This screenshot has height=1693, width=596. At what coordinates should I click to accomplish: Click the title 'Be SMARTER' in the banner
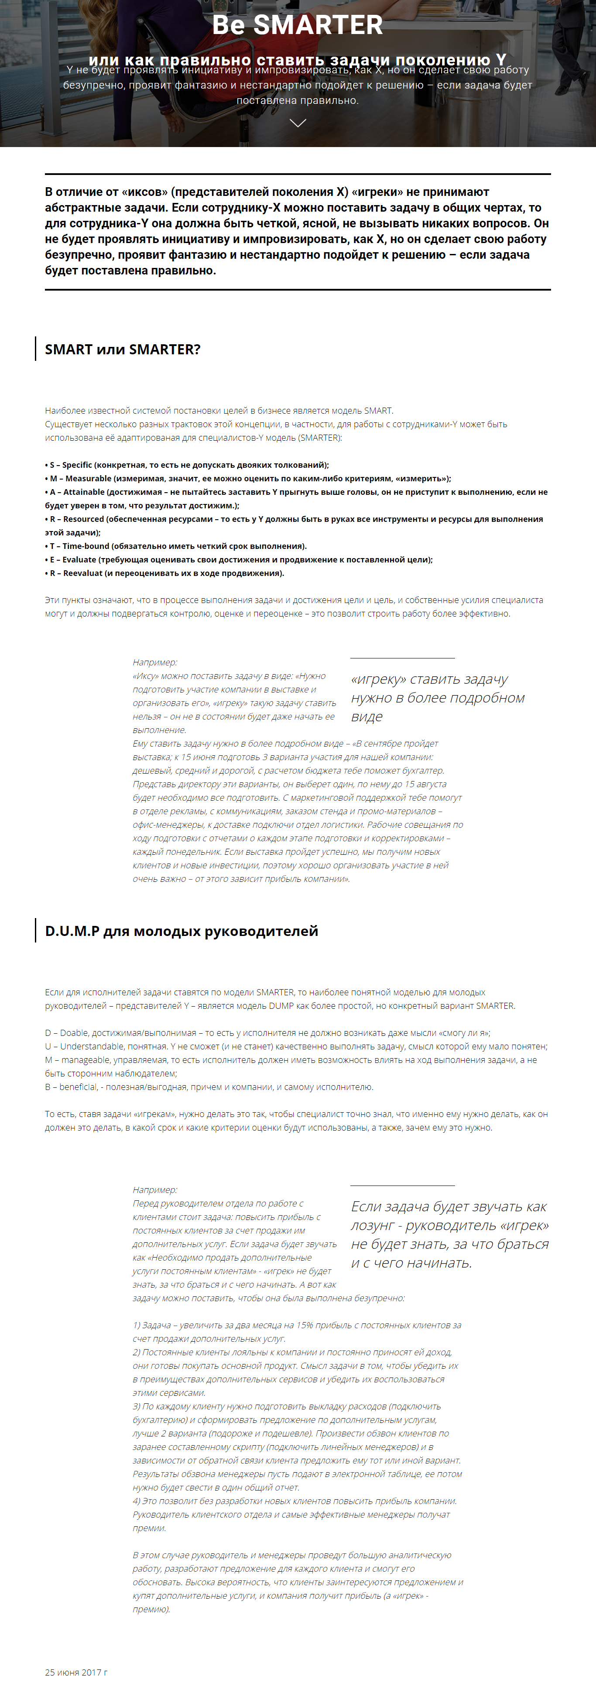[x=297, y=25]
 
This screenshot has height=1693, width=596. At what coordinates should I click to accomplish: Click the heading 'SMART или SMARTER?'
[x=122, y=349]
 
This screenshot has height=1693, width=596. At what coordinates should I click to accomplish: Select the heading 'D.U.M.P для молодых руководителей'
[x=182, y=931]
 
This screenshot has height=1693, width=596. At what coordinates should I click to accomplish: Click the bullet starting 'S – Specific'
[x=187, y=465]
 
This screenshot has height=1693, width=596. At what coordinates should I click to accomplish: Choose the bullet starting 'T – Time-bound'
[x=176, y=546]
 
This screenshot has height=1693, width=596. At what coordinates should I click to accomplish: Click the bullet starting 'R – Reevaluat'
[x=165, y=573]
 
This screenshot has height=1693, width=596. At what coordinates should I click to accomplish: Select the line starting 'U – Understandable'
[x=296, y=1046]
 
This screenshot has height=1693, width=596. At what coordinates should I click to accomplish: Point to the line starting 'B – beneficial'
[x=209, y=1087]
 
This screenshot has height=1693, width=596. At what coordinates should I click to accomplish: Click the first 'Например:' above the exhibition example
[x=155, y=662]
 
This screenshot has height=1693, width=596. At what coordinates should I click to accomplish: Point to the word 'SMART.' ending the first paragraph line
[x=378, y=411]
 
